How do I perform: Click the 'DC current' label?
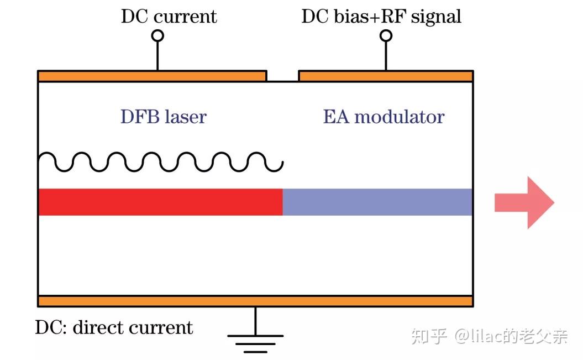point(169,16)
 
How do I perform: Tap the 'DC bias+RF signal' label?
point(381,16)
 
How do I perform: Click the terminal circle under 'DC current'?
point(157,36)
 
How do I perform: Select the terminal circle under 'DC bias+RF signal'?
point(386,36)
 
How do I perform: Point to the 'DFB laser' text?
point(163,117)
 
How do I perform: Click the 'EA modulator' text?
point(384,117)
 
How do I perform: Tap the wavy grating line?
point(160,161)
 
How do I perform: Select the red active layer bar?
point(160,202)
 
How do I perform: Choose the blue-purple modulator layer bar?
point(377,202)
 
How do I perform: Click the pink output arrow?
point(522,202)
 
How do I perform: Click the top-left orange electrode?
point(152,76)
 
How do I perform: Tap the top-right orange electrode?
point(386,76)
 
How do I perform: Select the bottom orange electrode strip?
point(255,301)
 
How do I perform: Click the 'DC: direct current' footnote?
point(114,327)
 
